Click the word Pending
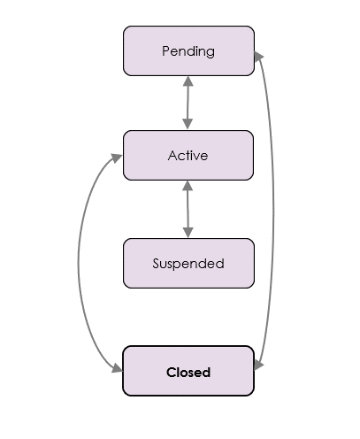click(x=188, y=51)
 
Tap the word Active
click(x=188, y=156)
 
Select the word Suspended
click(x=188, y=264)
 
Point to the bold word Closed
click(x=188, y=372)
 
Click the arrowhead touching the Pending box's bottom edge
click(x=188, y=81)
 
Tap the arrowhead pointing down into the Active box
click(x=188, y=124)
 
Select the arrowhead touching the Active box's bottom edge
click(x=188, y=186)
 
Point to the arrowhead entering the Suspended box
click(x=188, y=233)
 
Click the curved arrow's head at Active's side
click(x=117, y=158)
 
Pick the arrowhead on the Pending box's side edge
click(x=258, y=56)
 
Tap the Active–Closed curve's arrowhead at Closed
click(x=118, y=368)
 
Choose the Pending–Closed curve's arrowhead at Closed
click(x=258, y=365)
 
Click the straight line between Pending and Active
click(x=188, y=103)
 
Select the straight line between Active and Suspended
click(x=188, y=209)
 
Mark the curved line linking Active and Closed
click(x=79, y=263)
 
